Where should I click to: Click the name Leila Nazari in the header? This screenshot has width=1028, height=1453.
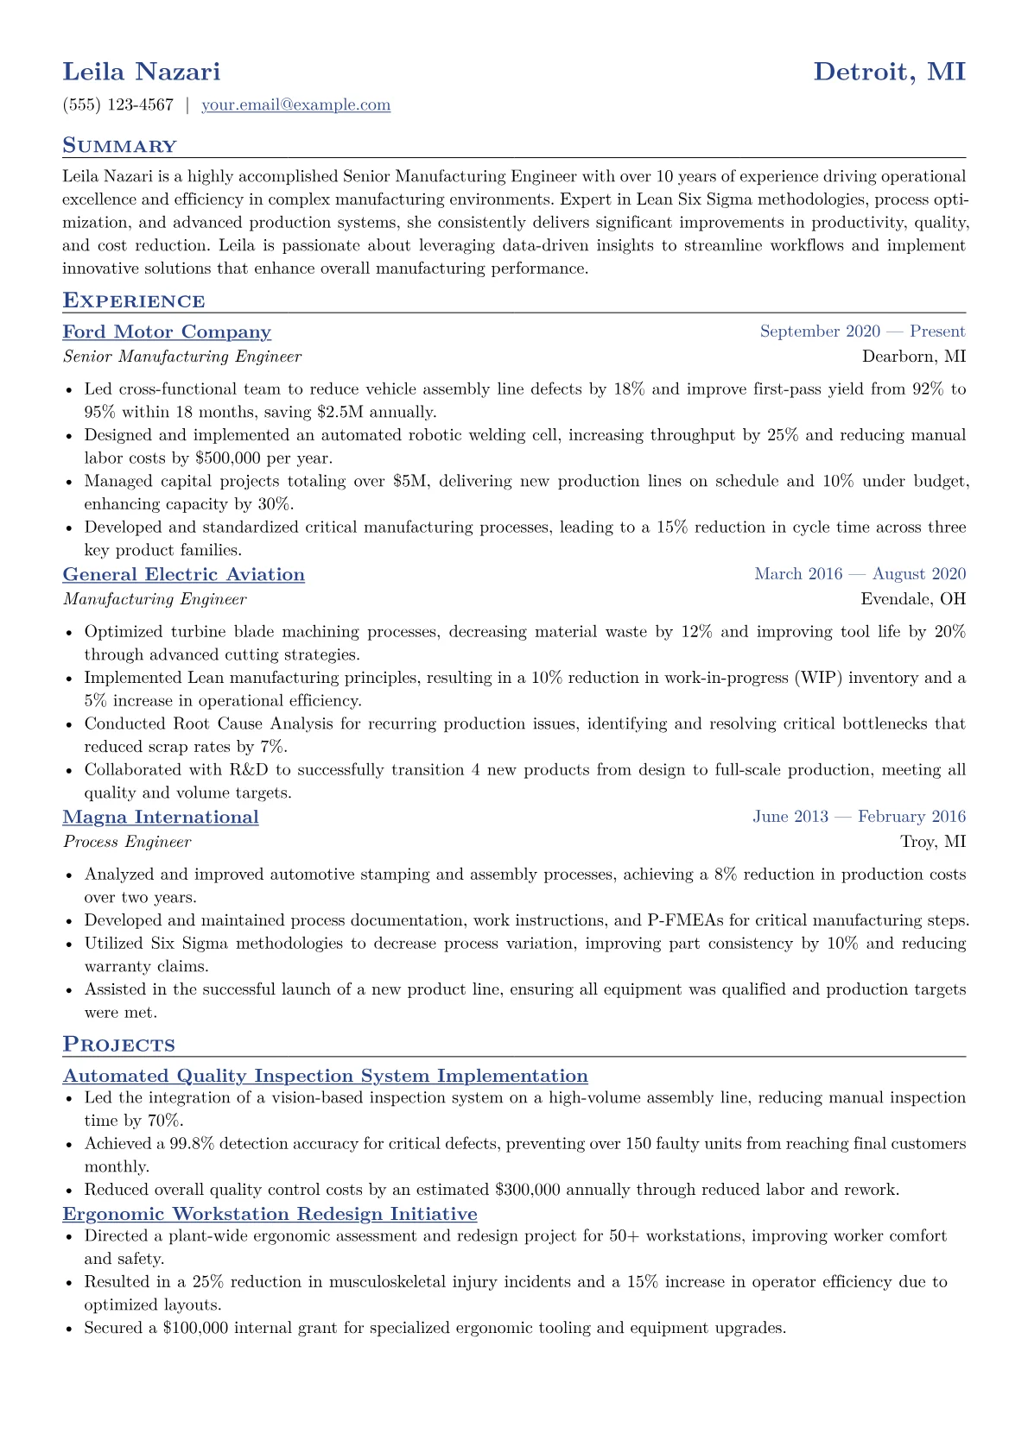[142, 71]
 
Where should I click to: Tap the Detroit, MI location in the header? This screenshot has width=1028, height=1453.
[889, 71]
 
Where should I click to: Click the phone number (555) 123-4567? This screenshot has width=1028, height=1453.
[118, 105]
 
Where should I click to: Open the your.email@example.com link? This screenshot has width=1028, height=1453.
[295, 105]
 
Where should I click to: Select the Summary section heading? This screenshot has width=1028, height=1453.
[119, 146]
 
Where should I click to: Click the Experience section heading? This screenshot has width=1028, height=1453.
[134, 301]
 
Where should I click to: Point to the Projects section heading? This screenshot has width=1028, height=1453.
[118, 1045]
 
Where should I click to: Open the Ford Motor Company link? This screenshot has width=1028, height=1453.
[167, 332]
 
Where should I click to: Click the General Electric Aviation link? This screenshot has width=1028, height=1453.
[184, 575]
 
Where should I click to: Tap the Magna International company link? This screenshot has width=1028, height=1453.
[161, 818]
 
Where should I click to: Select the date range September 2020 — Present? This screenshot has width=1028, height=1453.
[862, 332]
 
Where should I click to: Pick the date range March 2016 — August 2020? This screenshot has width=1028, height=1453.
[860, 574]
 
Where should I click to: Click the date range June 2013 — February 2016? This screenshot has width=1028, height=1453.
[859, 817]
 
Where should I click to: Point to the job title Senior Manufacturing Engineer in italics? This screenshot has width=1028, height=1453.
[182, 357]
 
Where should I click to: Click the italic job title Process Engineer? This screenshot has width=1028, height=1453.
[127, 842]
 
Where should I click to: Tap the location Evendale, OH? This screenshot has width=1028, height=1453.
[913, 599]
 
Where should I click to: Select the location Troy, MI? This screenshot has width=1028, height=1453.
[933, 842]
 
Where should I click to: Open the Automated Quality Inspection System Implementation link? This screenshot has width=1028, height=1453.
[326, 1076]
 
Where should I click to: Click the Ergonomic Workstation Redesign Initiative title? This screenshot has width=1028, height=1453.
[270, 1214]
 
